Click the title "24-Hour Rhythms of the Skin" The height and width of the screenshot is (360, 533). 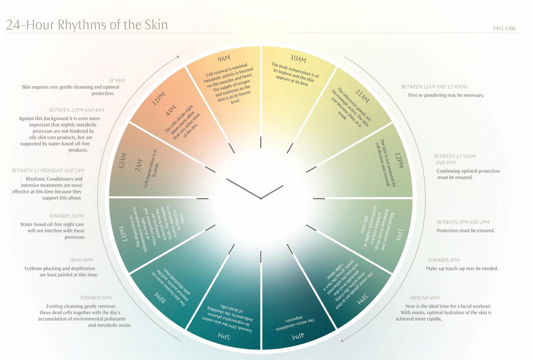[87, 24]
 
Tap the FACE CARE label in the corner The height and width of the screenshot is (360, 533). [504, 29]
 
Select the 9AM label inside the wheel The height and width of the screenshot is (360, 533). [224, 58]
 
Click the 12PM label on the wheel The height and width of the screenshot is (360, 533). [399, 160]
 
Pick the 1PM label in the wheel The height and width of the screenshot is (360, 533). [400, 235]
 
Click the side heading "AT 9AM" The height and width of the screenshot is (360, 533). [116, 81]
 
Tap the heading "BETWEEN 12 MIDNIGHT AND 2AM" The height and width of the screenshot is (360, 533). [48, 170]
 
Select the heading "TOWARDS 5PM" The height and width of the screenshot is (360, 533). [95, 298]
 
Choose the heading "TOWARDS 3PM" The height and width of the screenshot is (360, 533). [443, 260]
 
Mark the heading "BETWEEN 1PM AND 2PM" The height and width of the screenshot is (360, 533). [463, 222]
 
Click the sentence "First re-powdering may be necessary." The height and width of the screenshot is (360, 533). [446, 95]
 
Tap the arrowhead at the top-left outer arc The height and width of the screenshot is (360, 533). [177, 57]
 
